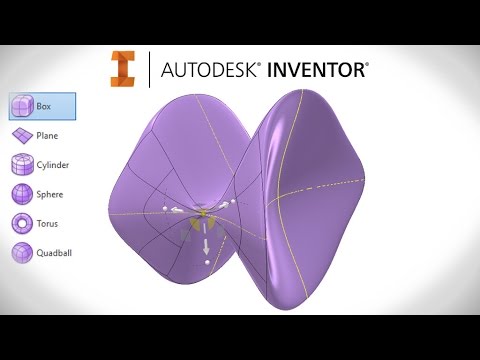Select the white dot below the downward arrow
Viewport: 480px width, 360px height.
coord(207,261)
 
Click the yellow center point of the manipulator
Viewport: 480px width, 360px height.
coord(204,214)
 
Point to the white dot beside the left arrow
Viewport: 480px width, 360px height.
coord(164,208)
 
